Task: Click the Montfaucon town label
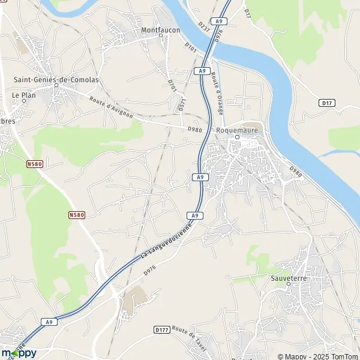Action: [160, 29]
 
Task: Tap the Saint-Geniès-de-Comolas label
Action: [56, 79]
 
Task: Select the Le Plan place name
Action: [24, 95]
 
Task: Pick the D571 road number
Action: [182, 103]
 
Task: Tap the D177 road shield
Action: [161, 329]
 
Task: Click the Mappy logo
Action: [19, 352]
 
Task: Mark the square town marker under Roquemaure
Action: [237, 137]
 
